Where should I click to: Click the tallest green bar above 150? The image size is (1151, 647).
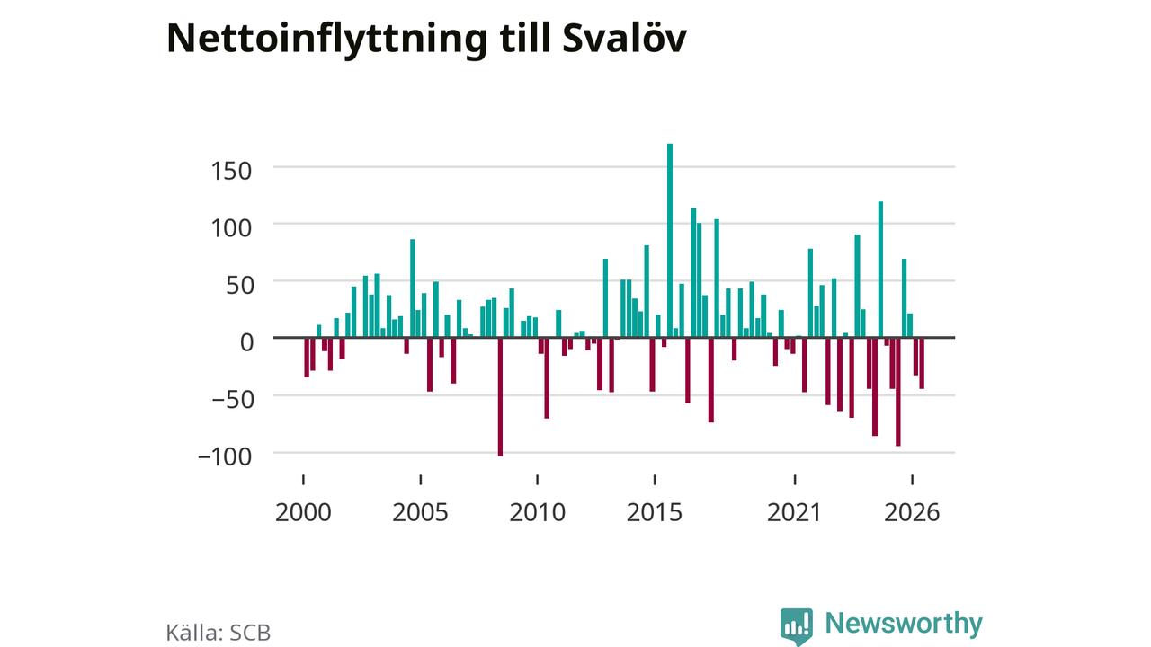pos(670,240)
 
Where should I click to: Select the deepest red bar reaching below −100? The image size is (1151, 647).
pos(500,397)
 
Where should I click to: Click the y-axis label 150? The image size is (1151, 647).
pos(231,171)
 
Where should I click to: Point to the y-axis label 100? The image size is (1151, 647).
pos(231,228)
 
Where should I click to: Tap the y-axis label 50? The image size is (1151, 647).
pos(239,285)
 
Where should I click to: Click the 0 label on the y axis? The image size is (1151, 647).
pos(246,342)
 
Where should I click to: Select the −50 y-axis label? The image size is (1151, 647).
pos(233,399)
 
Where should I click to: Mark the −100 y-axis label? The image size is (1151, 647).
pos(225,456)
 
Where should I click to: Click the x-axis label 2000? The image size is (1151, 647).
pos(303,512)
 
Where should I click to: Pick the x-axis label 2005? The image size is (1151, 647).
pos(420,512)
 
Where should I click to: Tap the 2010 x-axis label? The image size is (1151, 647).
pos(538,512)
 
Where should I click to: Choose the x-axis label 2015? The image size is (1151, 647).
pos(655,512)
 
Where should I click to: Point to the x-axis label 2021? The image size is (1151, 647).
pos(794,512)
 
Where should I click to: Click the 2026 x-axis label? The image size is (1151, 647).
pos(912,512)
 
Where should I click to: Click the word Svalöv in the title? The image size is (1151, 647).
pos(624,38)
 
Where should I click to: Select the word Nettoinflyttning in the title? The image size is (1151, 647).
pos(326,40)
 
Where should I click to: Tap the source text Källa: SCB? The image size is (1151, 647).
pos(219,632)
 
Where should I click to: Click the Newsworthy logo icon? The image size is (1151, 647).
pos(797,626)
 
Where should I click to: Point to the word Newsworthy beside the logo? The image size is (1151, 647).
pos(904,624)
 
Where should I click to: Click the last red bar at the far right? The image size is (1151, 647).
pos(922,363)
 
